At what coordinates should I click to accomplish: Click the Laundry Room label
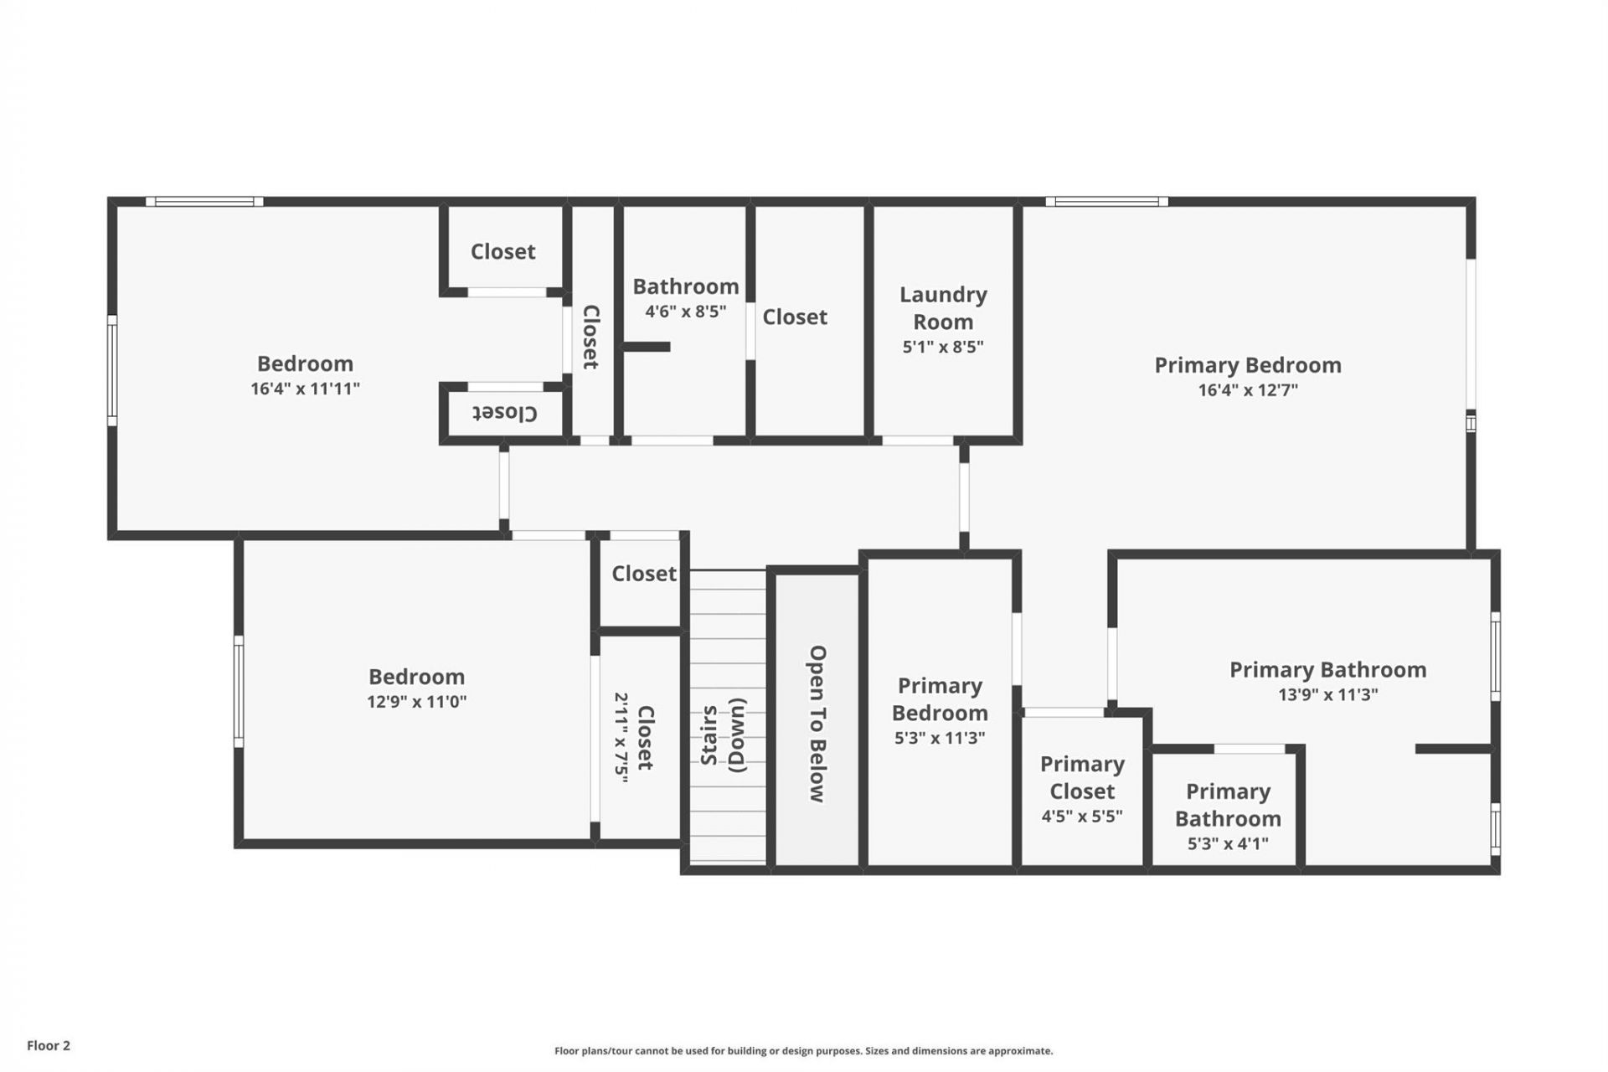(x=943, y=308)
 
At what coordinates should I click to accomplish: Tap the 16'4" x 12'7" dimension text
(x=1248, y=390)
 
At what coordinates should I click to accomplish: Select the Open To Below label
(x=817, y=724)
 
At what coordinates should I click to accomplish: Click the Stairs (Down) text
(x=723, y=734)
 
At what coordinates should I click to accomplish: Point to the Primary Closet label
(x=1082, y=777)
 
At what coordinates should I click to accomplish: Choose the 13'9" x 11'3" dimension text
(x=1327, y=694)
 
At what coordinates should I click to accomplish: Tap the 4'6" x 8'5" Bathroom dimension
(x=685, y=312)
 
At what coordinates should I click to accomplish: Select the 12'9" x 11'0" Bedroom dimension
(x=416, y=702)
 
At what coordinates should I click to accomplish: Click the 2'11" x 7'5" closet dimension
(x=621, y=737)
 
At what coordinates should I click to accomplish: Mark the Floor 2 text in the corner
(x=49, y=1045)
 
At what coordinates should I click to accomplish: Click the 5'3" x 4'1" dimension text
(x=1228, y=844)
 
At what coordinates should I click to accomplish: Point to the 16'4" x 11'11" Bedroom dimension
(x=305, y=389)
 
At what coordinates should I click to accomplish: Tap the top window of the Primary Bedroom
(x=1106, y=202)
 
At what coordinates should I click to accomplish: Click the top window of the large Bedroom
(x=204, y=202)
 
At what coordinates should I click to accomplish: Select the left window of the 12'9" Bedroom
(x=239, y=691)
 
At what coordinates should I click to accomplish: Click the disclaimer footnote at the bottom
(x=803, y=1051)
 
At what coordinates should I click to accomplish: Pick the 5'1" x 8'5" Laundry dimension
(x=943, y=347)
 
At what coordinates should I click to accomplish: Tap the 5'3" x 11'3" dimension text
(x=940, y=738)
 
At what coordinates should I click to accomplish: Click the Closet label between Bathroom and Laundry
(x=794, y=317)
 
